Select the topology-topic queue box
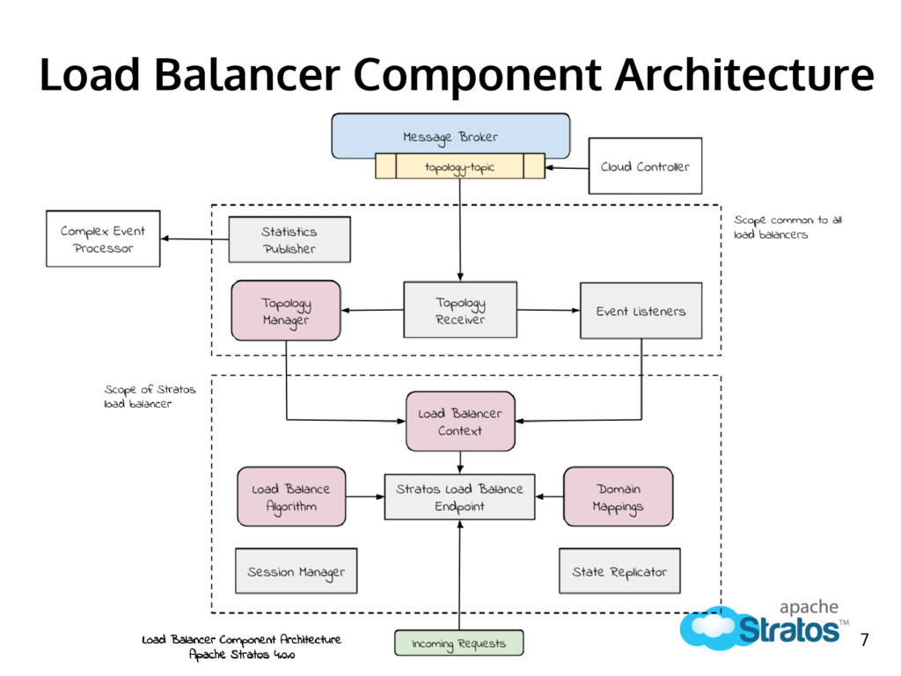459,166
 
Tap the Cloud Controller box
645,165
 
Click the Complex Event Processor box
103,239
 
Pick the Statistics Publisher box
289,239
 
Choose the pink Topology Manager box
286,311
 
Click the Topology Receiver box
460,310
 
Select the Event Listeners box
641,311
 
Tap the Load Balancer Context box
460,422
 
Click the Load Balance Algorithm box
291,496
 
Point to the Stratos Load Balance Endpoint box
459,497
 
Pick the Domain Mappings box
619,496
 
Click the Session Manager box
296,570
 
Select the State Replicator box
619,570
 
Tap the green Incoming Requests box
459,643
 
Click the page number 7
864,639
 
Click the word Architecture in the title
744,75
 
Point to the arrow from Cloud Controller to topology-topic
567,168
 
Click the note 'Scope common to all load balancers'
787,227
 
